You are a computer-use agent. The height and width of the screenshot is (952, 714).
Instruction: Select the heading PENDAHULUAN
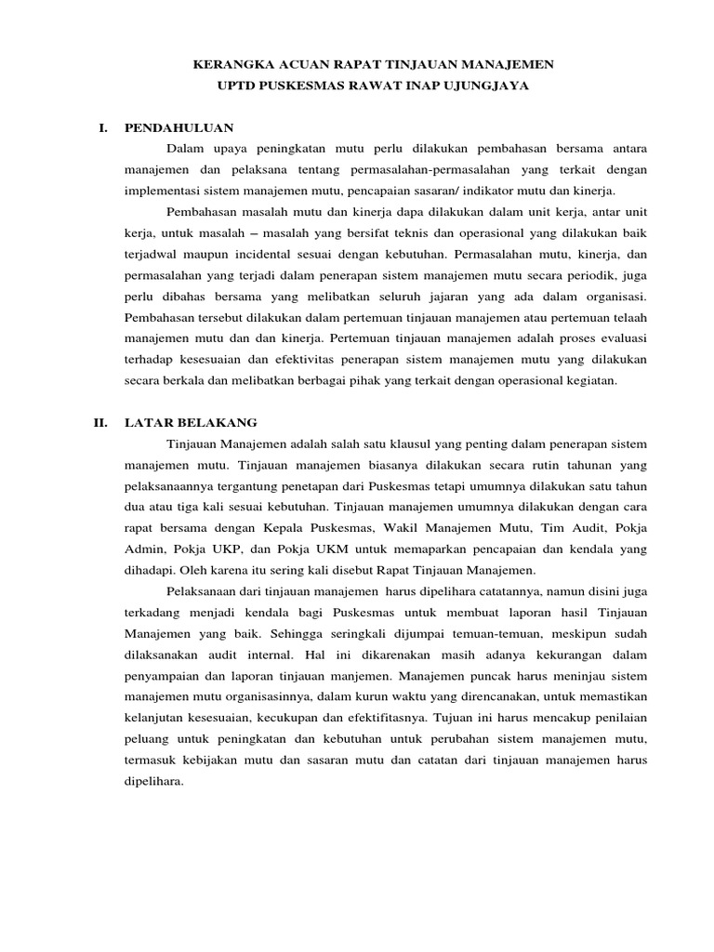click(178, 127)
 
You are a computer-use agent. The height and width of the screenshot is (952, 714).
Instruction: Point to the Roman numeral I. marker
click(103, 127)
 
